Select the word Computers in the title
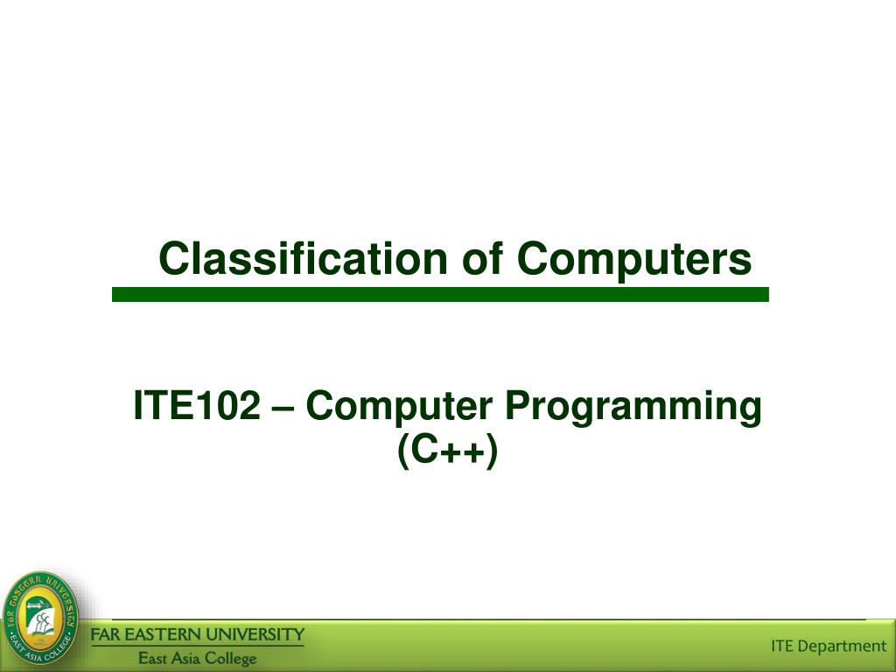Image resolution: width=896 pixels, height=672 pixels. click(x=633, y=259)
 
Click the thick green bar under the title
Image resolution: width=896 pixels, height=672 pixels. click(x=440, y=295)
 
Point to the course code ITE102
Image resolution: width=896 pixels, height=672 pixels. click(x=196, y=407)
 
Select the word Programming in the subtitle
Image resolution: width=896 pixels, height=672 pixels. click(x=636, y=408)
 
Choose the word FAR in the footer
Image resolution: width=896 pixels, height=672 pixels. click(x=109, y=634)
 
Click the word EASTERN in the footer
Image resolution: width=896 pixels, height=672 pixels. click(x=171, y=634)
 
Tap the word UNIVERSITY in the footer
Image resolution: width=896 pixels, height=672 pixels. click(x=261, y=634)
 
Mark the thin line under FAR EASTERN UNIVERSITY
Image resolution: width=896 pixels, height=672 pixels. click(x=199, y=647)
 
